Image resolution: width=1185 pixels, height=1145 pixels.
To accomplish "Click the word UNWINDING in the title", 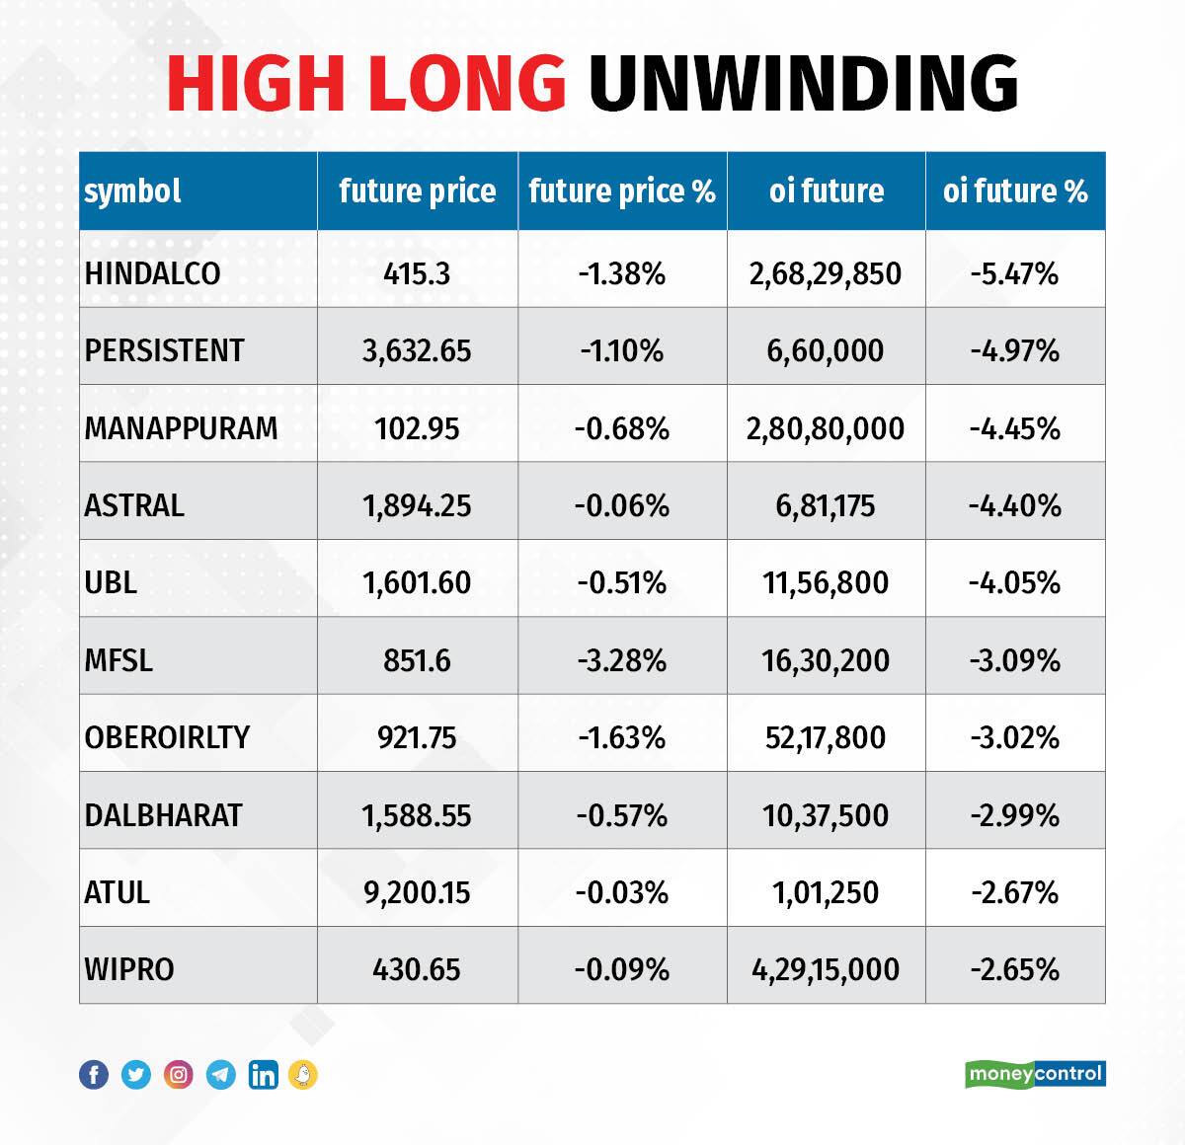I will coord(803,83).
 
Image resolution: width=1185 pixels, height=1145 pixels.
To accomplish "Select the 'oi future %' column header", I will coord(1015,191).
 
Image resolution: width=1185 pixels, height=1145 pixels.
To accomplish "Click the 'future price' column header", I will coord(417,191).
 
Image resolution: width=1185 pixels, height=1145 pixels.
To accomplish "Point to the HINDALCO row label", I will coord(152,273).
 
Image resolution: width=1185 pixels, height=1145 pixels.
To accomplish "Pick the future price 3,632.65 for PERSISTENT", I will coord(417,350).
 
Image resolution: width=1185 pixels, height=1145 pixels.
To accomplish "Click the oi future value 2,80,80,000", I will coord(826,428).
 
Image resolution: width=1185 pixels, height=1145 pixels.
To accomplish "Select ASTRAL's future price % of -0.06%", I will coord(622,505).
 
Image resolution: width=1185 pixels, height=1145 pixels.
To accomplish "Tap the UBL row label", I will coord(111,582).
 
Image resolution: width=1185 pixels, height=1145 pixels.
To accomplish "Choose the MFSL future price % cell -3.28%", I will coord(622,659).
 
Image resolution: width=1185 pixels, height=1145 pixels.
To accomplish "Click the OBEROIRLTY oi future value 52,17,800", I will coord(826,737).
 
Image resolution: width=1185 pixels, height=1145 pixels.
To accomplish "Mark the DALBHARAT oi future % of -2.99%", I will coord(1015,815).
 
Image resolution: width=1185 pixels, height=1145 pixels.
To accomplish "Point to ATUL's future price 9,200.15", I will coord(417,892).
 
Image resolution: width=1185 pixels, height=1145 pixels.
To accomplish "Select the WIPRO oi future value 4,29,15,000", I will coord(826,969).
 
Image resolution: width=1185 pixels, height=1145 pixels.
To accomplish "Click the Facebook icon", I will coord(94,1075).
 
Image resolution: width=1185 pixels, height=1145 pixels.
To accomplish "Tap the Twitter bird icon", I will coord(136,1075).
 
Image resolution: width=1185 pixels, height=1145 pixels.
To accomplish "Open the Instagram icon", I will coord(179,1075).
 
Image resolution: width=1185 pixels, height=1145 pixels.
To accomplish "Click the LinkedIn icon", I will coord(263,1075).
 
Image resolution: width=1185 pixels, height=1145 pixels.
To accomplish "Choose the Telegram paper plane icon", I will coord(221,1075).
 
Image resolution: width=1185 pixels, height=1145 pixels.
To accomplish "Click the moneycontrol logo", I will coord(1035,1074).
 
